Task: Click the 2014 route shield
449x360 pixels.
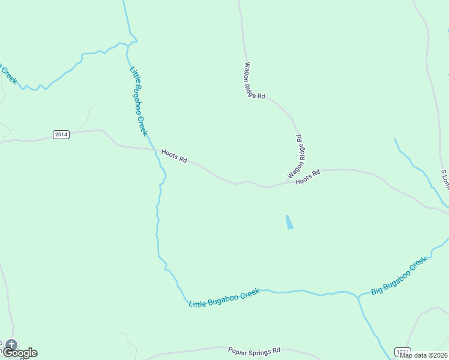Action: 61,134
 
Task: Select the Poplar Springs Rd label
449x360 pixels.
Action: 254,350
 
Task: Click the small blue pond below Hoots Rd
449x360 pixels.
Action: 290,222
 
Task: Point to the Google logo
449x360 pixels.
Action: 20,353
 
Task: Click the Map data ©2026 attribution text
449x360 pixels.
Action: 424,355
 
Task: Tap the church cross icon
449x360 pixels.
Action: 11,345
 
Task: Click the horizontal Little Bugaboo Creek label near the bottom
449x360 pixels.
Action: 224,298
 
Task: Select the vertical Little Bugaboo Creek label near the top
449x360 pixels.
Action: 138,101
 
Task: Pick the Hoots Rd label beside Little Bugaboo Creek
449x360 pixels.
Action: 175,157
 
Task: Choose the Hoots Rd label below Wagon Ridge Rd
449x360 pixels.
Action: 307,176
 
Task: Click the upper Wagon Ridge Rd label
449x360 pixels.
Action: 255,81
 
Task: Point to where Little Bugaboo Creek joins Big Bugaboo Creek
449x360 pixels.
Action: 358,296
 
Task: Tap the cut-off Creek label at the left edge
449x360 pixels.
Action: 7,73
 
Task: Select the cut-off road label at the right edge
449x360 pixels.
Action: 445,179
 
